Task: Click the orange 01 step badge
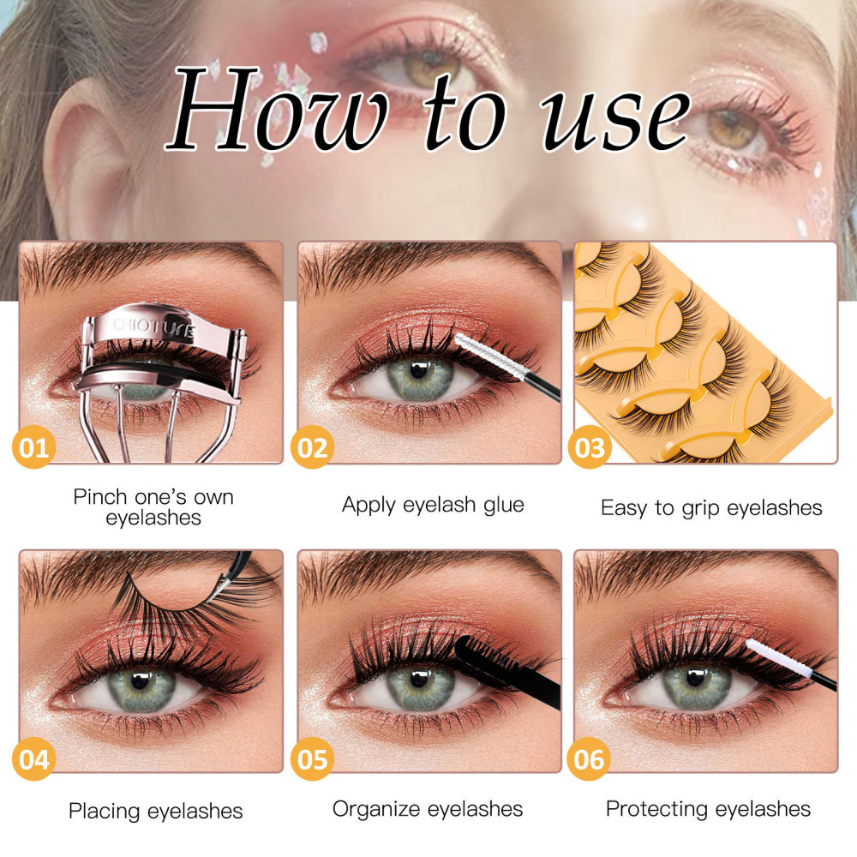(34, 447)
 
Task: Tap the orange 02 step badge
(312, 447)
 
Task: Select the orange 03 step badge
(590, 447)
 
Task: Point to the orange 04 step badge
(34, 758)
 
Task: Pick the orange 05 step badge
(312, 758)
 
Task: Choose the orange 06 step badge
(589, 758)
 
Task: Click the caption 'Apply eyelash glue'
(433, 505)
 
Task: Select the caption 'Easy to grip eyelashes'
(711, 507)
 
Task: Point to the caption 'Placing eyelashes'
(156, 811)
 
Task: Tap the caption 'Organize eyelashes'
(428, 809)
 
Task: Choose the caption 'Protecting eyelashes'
(708, 809)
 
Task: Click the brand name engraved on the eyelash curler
(153, 328)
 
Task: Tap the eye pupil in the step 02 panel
(419, 371)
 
